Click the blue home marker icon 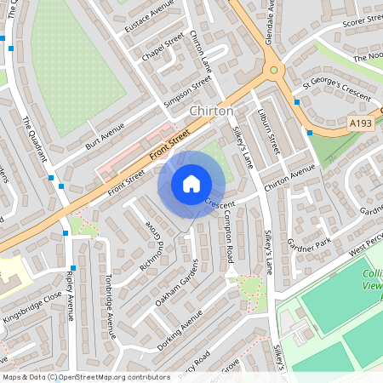[x=191, y=184]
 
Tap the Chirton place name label [x=211, y=111]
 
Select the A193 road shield [x=361, y=124]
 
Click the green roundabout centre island [x=273, y=71]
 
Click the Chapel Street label [x=163, y=48]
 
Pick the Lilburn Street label [x=269, y=129]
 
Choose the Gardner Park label [x=307, y=242]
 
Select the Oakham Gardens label [x=177, y=285]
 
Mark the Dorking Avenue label [x=179, y=328]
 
